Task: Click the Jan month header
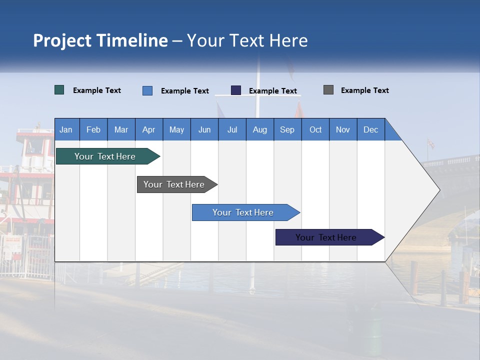pyautogui.click(x=66, y=129)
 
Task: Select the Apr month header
pyautogui.click(x=148, y=129)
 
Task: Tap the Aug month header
pyautogui.click(x=259, y=129)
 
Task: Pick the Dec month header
pyautogui.click(x=370, y=129)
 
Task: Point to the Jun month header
pyautogui.click(x=204, y=129)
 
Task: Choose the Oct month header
pyautogui.click(x=315, y=129)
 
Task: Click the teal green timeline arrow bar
pyautogui.click(x=105, y=156)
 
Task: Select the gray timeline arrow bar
pyautogui.click(x=174, y=184)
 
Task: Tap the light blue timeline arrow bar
pyautogui.click(x=243, y=212)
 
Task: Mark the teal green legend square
pyautogui.click(x=59, y=90)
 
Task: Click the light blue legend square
pyautogui.click(x=147, y=90)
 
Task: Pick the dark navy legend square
pyautogui.click(x=236, y=90)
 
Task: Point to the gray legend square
pyautogui.click(x=328, y=90)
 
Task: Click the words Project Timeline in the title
pyautogui.click(x=100, y=40)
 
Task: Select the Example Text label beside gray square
pyautogui.click(x=364, y=90)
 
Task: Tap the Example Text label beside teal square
pyautogui.click(x=96, y=90)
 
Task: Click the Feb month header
pyautogui.click(x=93, y=129)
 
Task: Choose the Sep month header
pyautogui.click(x=287, y=129)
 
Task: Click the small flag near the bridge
pyautogui.click(x=430, y=144)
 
